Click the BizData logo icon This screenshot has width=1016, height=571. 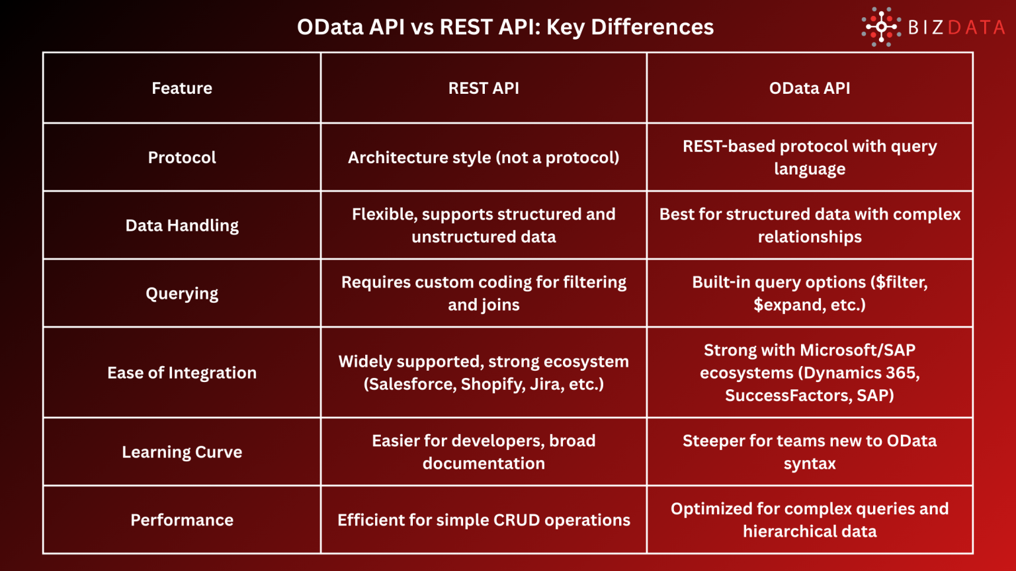pos(881,27)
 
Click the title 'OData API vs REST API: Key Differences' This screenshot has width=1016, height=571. pos(505,27)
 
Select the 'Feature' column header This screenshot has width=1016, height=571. pos(182,88)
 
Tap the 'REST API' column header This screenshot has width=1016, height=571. pos(484,88)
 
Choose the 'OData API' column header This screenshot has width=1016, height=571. pos(810,88)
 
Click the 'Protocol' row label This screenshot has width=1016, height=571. pos(182,157)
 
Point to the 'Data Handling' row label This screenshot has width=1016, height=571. pos(182,225)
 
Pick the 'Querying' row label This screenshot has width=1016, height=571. pos(182,293)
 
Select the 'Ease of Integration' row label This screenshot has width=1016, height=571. pos(182,373)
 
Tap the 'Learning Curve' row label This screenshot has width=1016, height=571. pos(182,452)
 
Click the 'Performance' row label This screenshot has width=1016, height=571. pos(182,520)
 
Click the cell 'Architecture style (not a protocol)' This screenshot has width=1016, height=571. pos(484,157)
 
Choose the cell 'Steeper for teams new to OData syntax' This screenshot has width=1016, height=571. pos(810,452)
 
